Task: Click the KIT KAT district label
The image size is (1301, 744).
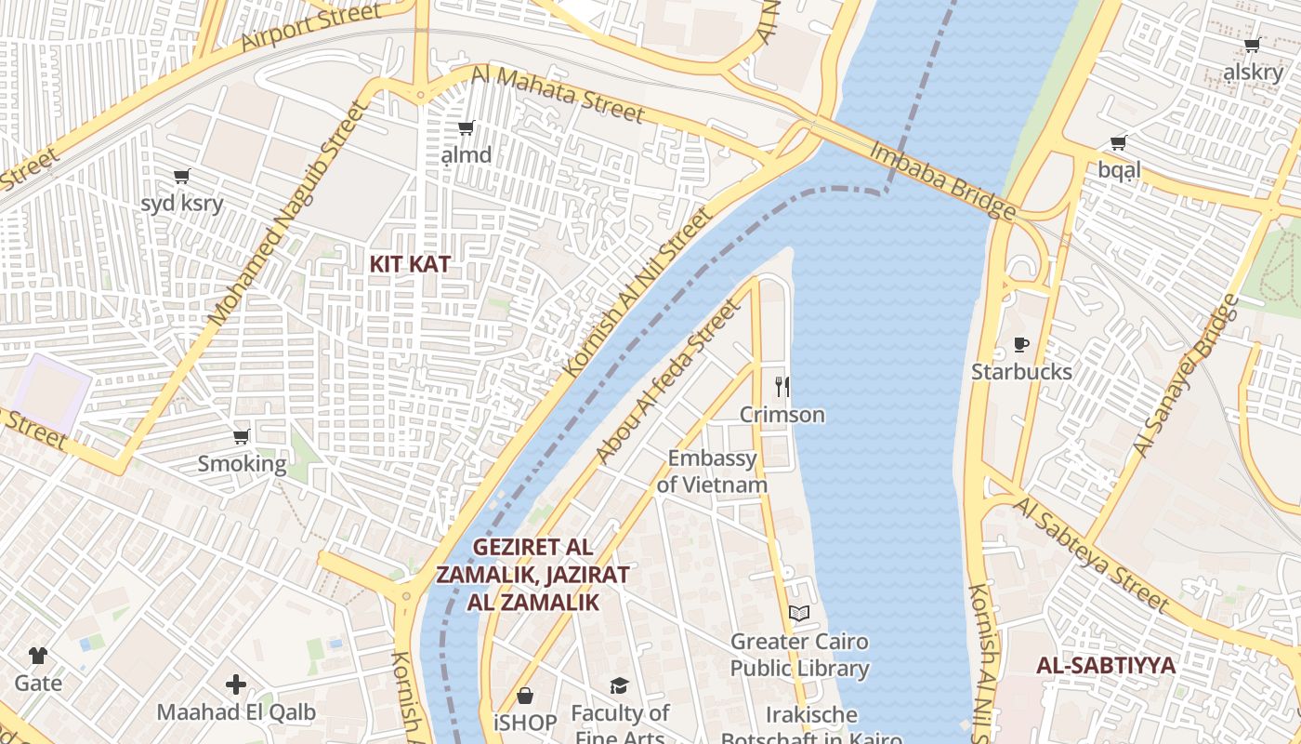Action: tap(410, 264)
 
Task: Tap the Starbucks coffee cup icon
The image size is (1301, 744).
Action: tap(1021, 345)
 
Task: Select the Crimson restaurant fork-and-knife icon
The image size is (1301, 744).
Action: tap(782, 386)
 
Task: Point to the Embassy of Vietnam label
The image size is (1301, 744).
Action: tap(712, 472)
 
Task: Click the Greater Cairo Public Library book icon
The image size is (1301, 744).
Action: tap(799, 613)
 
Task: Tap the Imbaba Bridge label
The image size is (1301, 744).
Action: tap(941, 180)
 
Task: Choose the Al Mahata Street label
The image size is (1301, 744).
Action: tap(558, 94)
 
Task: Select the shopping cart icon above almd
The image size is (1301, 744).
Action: tap(466, 127)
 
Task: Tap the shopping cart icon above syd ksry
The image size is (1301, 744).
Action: tap(182, 176)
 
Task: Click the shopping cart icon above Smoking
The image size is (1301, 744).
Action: tap(242, 436)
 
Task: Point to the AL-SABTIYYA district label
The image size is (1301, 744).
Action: tap(1106, 666)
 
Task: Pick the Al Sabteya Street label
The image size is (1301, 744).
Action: tap(1091, 554)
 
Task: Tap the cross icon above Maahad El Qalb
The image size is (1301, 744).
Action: tap(236, 685)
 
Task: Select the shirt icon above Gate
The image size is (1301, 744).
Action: tap(37, 656)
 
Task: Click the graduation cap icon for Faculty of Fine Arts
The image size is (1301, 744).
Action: tap(619, 686)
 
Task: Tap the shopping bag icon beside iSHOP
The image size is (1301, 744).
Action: tap(525, 696)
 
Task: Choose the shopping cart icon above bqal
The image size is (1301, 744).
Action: tap(1118, 142)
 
